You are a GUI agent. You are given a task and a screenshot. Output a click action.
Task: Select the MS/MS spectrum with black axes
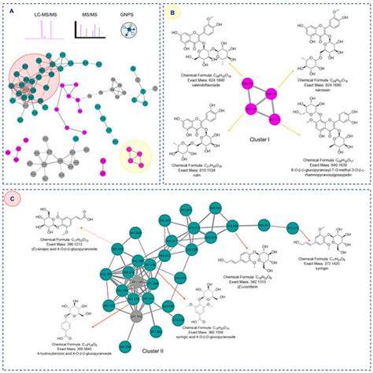coord(90,30)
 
